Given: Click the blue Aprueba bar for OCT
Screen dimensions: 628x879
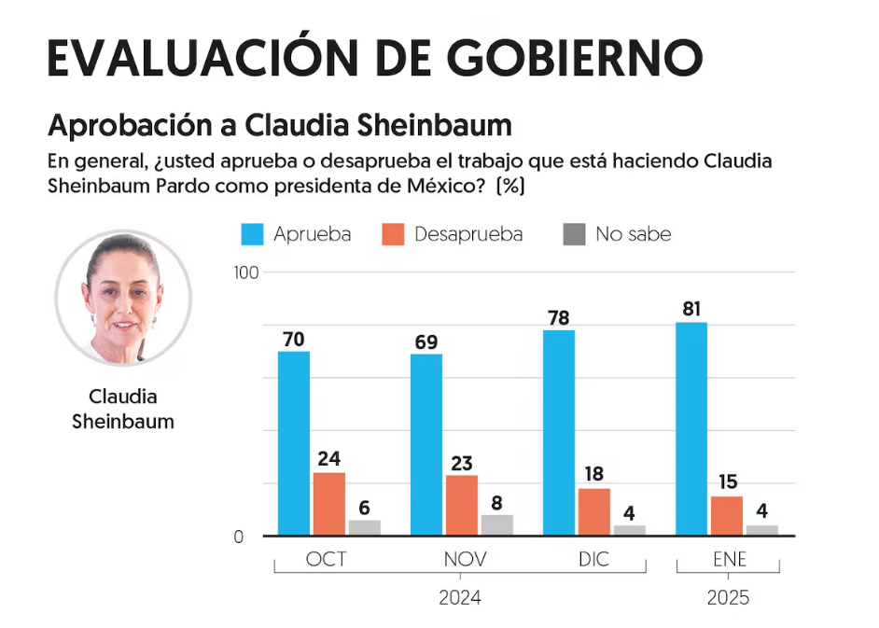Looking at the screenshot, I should (x=294, y=443).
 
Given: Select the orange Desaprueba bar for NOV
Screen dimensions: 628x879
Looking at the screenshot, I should (x=461, y=505).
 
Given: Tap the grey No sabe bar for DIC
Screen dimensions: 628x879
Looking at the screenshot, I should (x=629, y=530).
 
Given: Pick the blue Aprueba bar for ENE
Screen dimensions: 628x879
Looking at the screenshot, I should (x=691, y=428).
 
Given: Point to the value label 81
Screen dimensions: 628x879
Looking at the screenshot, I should (x=691, y=309).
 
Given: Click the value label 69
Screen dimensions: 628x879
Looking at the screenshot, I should (x=426, y=341).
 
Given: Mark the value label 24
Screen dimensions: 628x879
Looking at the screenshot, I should (x=328, y=458).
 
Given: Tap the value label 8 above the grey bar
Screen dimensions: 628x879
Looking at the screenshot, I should (x=496, y=501).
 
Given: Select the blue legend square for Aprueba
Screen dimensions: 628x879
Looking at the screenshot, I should (x=252, y=234).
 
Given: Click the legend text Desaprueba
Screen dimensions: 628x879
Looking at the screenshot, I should (x=467, y=234).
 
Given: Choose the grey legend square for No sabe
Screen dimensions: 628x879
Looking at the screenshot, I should (x=574, y=234).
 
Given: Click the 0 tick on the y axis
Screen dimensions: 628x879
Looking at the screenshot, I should (x=239, y=537).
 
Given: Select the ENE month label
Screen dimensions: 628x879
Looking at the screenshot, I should (x=728, y=559).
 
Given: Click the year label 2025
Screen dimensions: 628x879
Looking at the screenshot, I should (x=728, y=598).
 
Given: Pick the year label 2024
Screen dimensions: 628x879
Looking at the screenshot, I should (x=460, y=598).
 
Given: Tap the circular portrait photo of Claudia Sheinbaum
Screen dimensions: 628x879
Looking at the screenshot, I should (x=123, y=298).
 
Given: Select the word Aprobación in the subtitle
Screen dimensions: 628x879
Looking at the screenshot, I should (x=140, y=124).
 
